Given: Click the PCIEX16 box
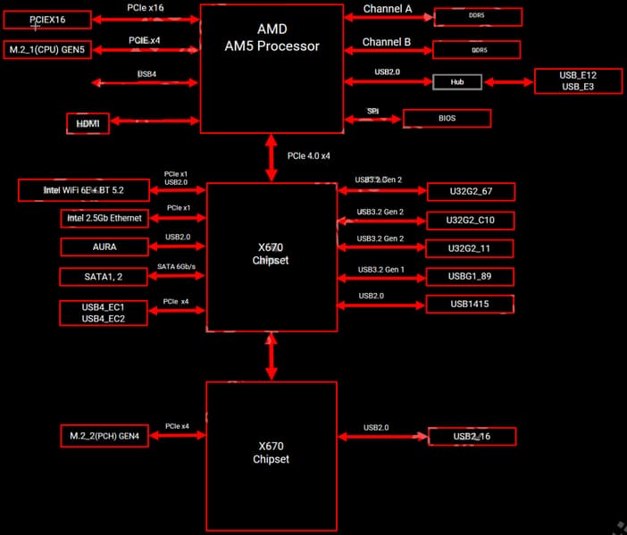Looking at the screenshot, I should (46, 18).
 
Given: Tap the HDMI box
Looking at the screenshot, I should (88, 123).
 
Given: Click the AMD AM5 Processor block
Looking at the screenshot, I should (272, 68).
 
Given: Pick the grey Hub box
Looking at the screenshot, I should (457, 81).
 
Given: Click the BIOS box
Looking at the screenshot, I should (447, 118).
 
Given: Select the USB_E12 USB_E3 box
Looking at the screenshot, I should (577, 80).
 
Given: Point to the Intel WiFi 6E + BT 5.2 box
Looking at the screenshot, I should (84, 190).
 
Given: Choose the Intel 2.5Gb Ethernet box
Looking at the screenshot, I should (103, 218).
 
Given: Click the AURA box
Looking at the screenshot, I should (103, 246).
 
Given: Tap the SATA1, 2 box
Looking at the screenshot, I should (103, 277).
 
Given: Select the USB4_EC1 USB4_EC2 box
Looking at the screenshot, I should (103, 313).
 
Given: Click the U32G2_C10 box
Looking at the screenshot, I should (470, 220).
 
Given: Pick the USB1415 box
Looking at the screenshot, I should (470, 305).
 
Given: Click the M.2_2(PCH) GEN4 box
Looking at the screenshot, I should (103, 436).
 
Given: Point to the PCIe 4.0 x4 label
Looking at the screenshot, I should (309, 156).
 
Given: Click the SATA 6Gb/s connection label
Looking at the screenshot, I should (176, 267).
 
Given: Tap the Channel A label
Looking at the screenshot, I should (387, 9).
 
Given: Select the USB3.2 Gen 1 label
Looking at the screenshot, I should (380, 269).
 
